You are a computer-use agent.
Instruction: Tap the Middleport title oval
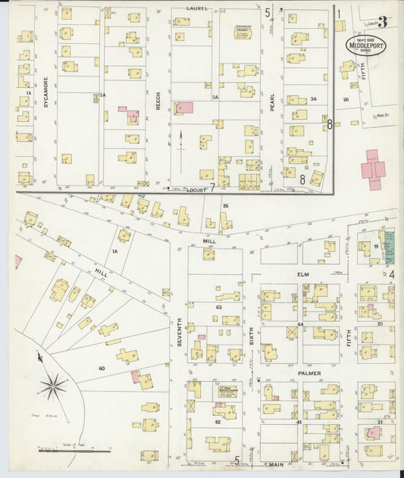pos(366,44)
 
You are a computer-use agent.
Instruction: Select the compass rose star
pos(54,386)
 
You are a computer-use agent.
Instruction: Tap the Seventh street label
pos(180,333)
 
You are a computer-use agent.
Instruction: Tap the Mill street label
pos(209,241)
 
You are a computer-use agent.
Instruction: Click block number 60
pos(100,368)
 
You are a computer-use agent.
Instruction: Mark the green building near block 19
pos(390,247)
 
